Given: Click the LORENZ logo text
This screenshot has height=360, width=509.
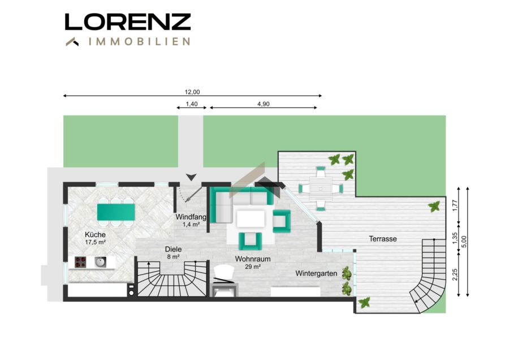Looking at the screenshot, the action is tap(128, 22).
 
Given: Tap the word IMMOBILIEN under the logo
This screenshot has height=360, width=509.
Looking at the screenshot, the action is tap(139, 41).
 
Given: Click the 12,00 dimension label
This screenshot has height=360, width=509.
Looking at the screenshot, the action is tap(192, 92).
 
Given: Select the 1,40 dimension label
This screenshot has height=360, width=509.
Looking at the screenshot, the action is tap(192, 104).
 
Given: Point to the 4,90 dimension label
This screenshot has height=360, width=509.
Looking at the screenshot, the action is tap(263, 104).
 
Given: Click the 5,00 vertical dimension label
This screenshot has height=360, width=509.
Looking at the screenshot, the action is tap(464, 241).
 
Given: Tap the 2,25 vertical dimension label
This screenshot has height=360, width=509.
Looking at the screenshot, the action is tap(455, 275).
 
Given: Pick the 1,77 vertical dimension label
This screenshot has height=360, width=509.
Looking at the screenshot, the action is tap(455, 205).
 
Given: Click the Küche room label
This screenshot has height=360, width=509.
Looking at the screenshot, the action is tap(95, 234).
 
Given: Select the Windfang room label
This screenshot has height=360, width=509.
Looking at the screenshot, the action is tap(191, 217).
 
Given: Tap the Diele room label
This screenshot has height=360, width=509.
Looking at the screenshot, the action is tap(174, 249).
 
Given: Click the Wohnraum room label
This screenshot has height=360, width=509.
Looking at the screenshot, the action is tap(253, 259).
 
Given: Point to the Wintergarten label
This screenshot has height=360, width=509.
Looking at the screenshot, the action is tap(316, 273).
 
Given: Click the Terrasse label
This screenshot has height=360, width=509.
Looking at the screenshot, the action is tap(383, 239).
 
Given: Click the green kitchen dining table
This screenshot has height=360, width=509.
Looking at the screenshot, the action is tap(116, 212).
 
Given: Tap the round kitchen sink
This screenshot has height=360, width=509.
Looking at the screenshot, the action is tap(100, 262).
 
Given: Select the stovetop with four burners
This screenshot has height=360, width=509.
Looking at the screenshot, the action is tap(80, 262).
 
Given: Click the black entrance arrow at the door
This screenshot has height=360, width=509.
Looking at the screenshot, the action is tap(192, 177).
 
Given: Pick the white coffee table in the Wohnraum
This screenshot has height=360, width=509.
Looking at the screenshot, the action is tap(251, 218).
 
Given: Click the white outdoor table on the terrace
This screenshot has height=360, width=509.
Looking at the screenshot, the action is tap(321, 188).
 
